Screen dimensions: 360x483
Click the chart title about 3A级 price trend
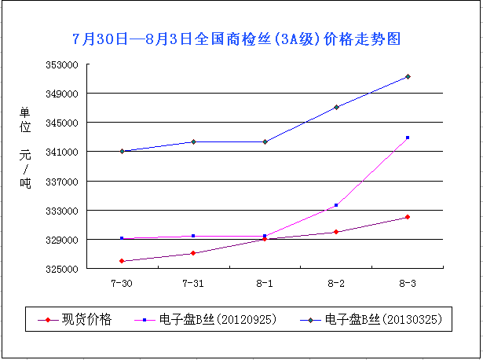(242, 39)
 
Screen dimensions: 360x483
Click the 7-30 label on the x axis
(122, 282)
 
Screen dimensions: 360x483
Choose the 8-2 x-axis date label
(336, 282)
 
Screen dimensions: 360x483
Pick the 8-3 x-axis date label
(408, 282)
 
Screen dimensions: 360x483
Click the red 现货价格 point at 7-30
(122, 261)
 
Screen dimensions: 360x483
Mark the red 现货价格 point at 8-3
(408, 217)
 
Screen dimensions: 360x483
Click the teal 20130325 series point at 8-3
(408, 76)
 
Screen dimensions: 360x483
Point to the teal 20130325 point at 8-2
(336, 107)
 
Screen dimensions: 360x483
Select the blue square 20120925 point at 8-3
(408, 138)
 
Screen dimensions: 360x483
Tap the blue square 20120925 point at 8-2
(336, 205)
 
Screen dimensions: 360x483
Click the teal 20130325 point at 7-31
(193, 141)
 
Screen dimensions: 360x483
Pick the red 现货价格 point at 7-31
(193, 253)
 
